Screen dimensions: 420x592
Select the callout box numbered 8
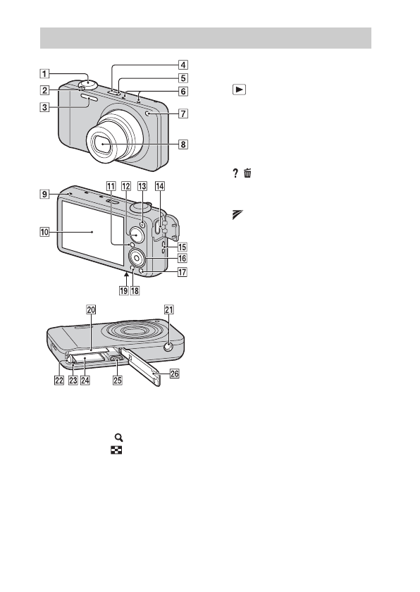tap(183, 144)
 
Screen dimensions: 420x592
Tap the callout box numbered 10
tap(45, 232)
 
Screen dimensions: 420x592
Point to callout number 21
tap(168, 309)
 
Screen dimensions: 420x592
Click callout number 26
tap(174, 374)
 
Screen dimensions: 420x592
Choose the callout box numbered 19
tap(124, 290)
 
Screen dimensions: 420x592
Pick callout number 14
tap(160, 186)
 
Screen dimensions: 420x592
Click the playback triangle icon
tap(240, 90)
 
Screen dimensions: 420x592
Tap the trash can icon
tap(247, 173)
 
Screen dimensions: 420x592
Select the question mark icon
tap(235, 173)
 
